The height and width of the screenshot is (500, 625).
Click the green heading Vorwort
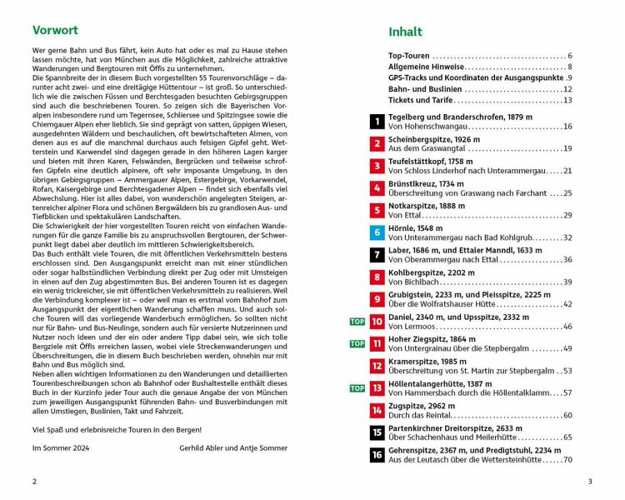[x=56, y=31]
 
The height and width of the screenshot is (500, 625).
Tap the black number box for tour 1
[x=377, y=122]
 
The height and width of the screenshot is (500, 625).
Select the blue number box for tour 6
[x=377, y=232]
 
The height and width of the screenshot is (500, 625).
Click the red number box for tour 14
[x=377, y=410]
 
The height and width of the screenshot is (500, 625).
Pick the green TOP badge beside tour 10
[x=357, y=321]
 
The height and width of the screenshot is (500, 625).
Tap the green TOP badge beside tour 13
[x=357, y=387]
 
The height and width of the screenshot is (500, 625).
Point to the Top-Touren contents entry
[x=408, y=56]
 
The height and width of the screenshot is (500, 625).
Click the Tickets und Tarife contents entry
[x=421, y=100]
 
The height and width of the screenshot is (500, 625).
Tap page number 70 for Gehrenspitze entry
[x=567, y=459]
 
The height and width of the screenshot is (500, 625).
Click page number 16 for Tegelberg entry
[x=567, y=127]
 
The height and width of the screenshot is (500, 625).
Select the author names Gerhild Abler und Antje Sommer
[x=232, y=447]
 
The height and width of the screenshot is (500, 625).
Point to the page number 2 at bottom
[x=34, y=481]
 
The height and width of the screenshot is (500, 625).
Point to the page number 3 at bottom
[x=589, y=481]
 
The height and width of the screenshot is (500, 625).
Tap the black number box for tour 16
[x=377, y=454]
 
